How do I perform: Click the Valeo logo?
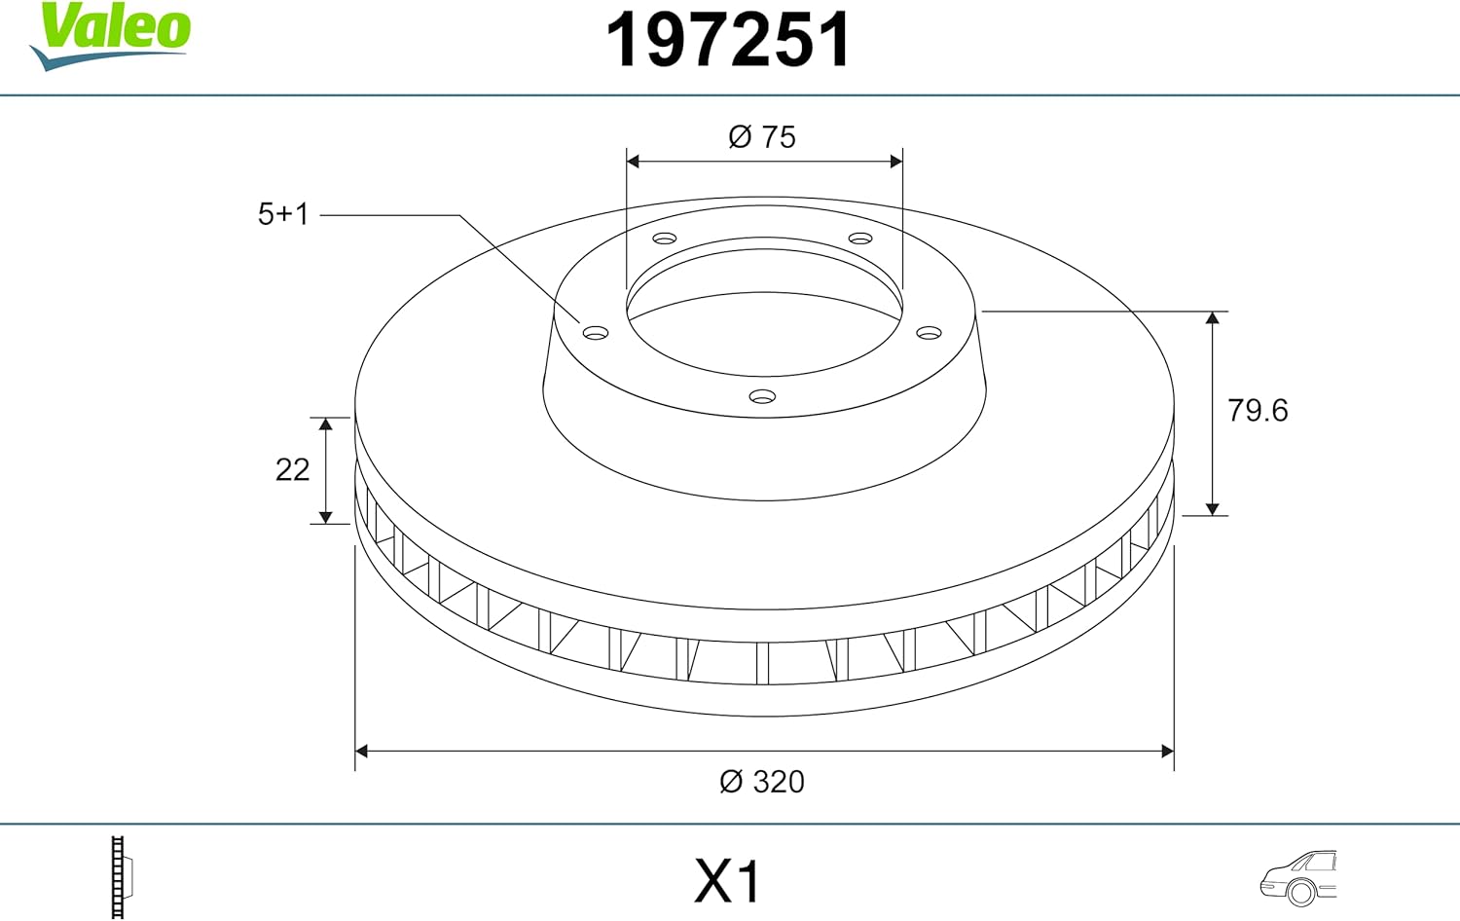click(111, 34)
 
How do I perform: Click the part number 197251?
click(728, 41)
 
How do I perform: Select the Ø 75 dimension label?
click(762, 137)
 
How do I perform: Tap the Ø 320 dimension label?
click(762, 782)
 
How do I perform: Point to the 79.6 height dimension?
click(1258, 411)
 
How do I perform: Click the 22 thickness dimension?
click(292, 470)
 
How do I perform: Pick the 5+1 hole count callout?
click(283, 214)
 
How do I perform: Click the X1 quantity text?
click(727, 882)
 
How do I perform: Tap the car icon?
click(1298, 877)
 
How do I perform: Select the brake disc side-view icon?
click(120, 877)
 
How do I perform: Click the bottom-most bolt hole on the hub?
click(762, 396)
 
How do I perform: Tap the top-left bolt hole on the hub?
click(665, 239)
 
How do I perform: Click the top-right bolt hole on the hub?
click(860, 239)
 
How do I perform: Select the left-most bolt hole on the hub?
click(596, 333)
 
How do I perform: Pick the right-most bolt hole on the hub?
click(930, 333)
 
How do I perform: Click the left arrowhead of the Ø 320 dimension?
click(362, 751)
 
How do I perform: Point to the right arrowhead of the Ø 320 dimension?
click(1167, 751)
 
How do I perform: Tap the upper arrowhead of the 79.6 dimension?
click(1212, 318)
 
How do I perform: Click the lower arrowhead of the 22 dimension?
click(326, 517)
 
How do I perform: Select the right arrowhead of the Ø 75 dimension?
click(895, 161)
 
